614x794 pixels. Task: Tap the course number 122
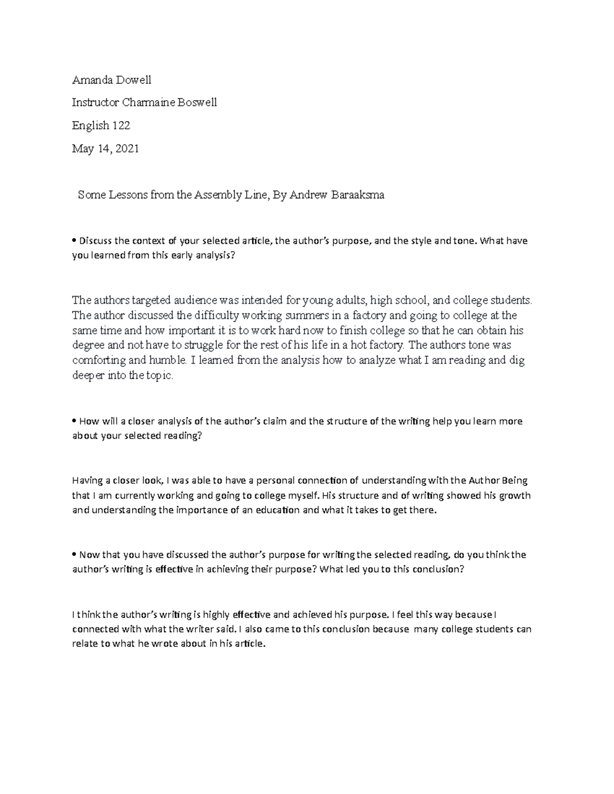tap(121, 125)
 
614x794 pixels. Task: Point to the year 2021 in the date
tap(127, 149)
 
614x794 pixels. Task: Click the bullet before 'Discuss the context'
tap(74, 241)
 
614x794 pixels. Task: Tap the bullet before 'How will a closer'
tap(74, 422)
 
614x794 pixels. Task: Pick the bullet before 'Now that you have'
tap(74, 555)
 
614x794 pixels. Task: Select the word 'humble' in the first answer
tap(167, 360)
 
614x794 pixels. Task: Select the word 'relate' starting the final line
tap(84, 644)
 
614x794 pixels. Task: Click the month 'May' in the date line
tap(82, 149)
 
